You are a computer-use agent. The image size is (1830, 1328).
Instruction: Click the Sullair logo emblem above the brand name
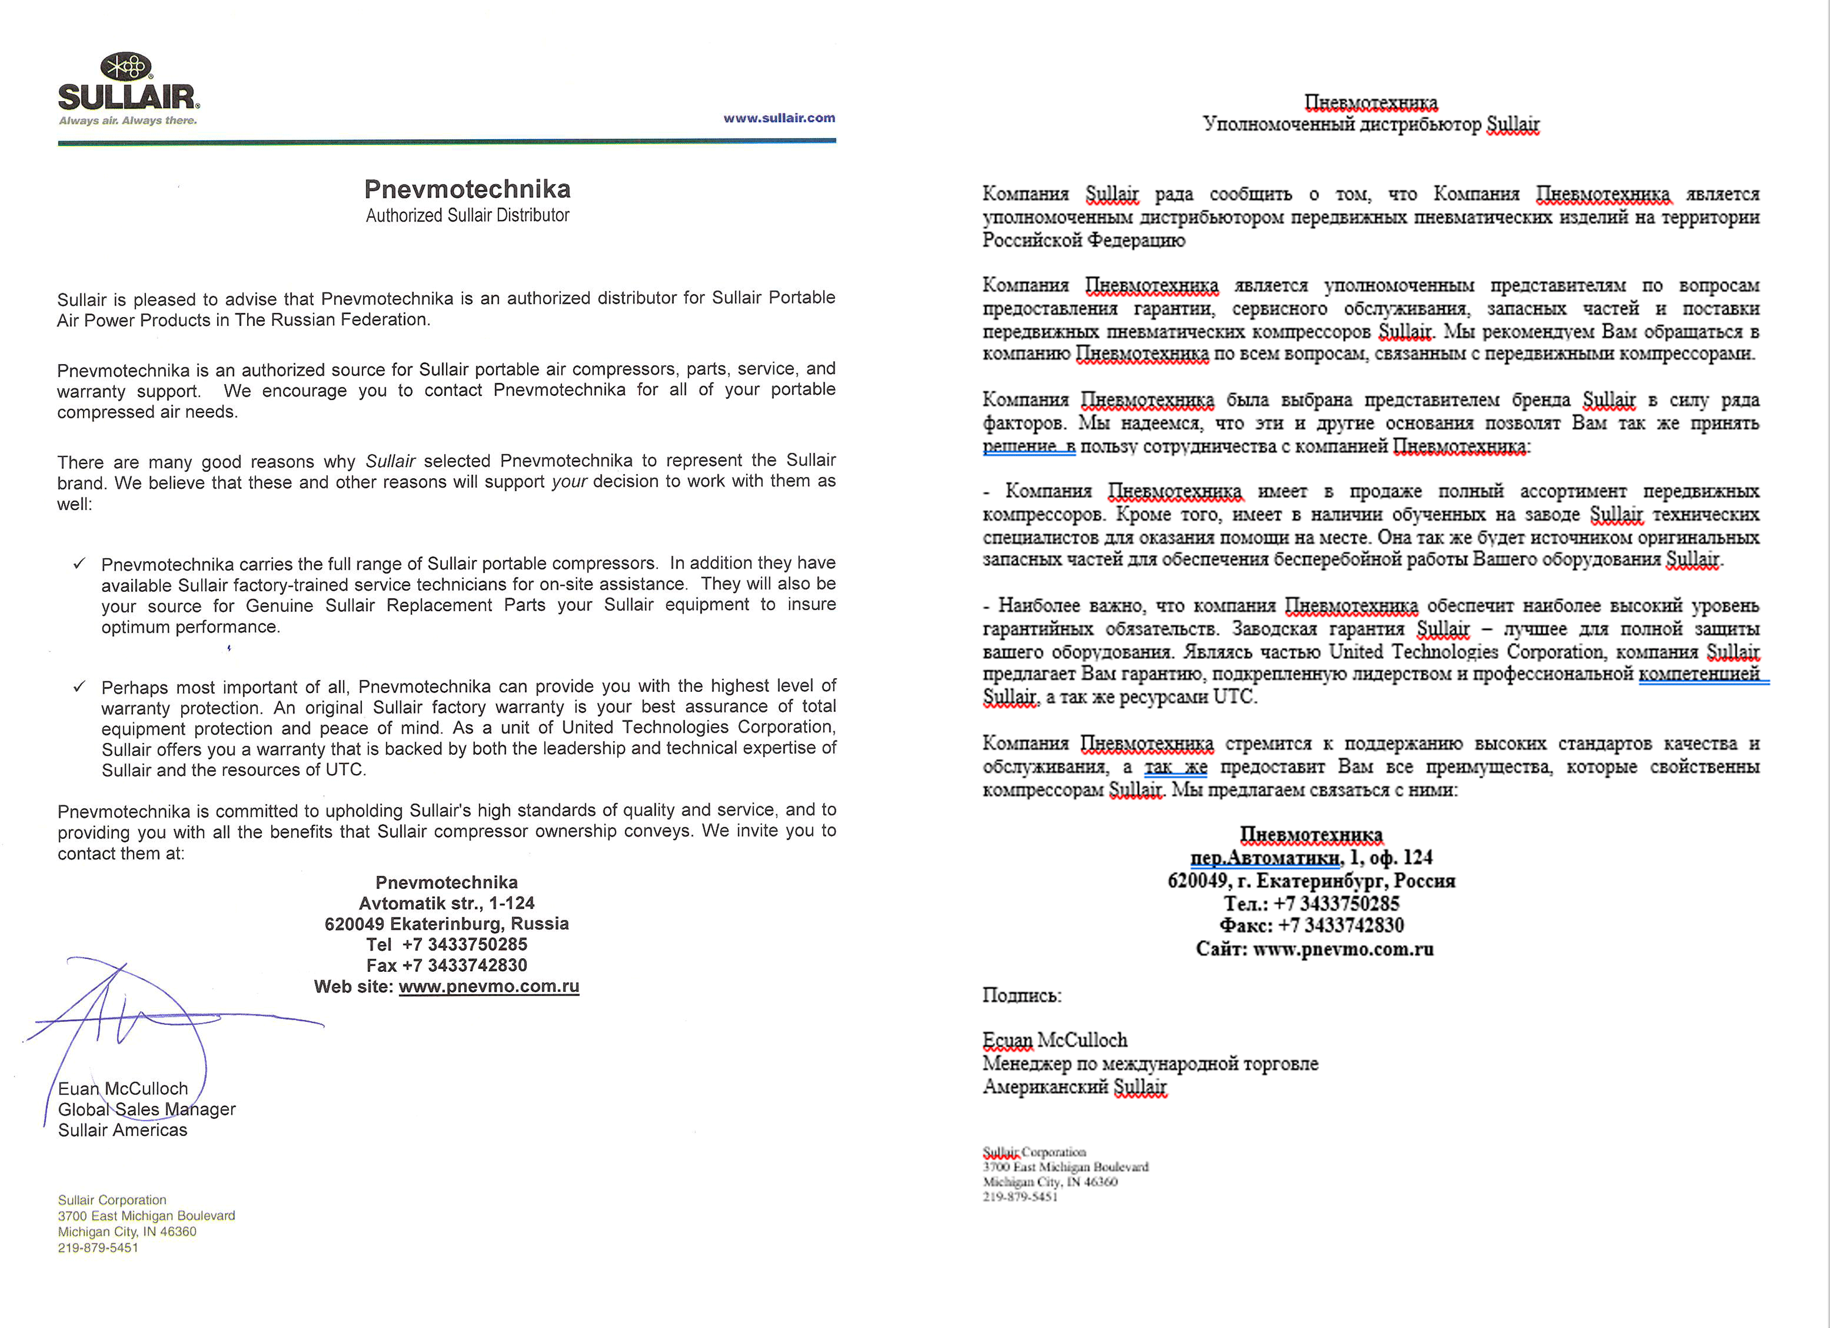126,66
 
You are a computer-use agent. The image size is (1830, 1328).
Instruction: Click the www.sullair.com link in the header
778,118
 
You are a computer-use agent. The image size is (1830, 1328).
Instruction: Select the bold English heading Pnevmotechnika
467,189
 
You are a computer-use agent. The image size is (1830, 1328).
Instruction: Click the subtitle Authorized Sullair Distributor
467,215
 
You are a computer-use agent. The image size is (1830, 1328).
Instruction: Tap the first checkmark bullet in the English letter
79,563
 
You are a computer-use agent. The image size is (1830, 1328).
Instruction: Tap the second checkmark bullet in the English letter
79,687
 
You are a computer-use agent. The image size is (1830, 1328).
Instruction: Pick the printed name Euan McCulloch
123,1088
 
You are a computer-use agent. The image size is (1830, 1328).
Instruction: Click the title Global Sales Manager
146,1109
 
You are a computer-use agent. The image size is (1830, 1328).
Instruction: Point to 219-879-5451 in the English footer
98,1247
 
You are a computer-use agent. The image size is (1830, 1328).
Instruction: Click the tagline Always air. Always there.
127,121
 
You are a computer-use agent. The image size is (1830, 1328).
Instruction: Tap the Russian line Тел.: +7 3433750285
1311,904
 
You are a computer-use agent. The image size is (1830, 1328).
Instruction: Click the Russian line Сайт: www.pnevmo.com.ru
1314,949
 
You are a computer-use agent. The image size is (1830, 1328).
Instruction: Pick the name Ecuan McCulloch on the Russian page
1054,1040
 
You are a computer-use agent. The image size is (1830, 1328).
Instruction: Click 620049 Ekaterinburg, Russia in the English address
446,924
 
